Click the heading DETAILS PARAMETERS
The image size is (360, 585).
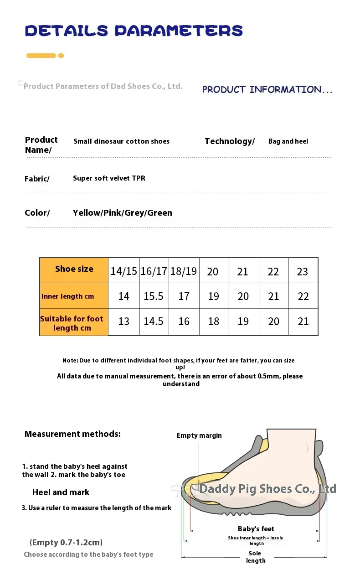(134, 31)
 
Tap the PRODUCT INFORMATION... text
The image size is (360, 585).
(267, 89)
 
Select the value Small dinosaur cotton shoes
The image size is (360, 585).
(121, 141)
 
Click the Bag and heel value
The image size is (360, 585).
(288, 141)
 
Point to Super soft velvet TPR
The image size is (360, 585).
(109, 178)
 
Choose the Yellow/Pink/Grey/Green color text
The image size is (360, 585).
(122, 213)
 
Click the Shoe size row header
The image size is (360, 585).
(74, 269)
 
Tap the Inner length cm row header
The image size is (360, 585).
(67, 296)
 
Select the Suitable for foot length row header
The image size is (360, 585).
(72, 323)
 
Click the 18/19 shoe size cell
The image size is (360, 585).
(183, 272)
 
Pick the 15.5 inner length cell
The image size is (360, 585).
(154, 296)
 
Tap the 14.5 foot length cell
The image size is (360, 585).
(154, 321)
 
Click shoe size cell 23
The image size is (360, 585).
(303, 272)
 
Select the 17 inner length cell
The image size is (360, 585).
(184, 296)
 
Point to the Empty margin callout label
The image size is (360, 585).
(199, 435)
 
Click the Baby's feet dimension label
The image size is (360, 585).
(256, 529)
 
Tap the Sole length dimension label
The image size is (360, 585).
(255, 557)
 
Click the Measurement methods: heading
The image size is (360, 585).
(72, 434)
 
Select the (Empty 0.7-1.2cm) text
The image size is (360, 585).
(66, 543)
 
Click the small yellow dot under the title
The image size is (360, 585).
(61, 56)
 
